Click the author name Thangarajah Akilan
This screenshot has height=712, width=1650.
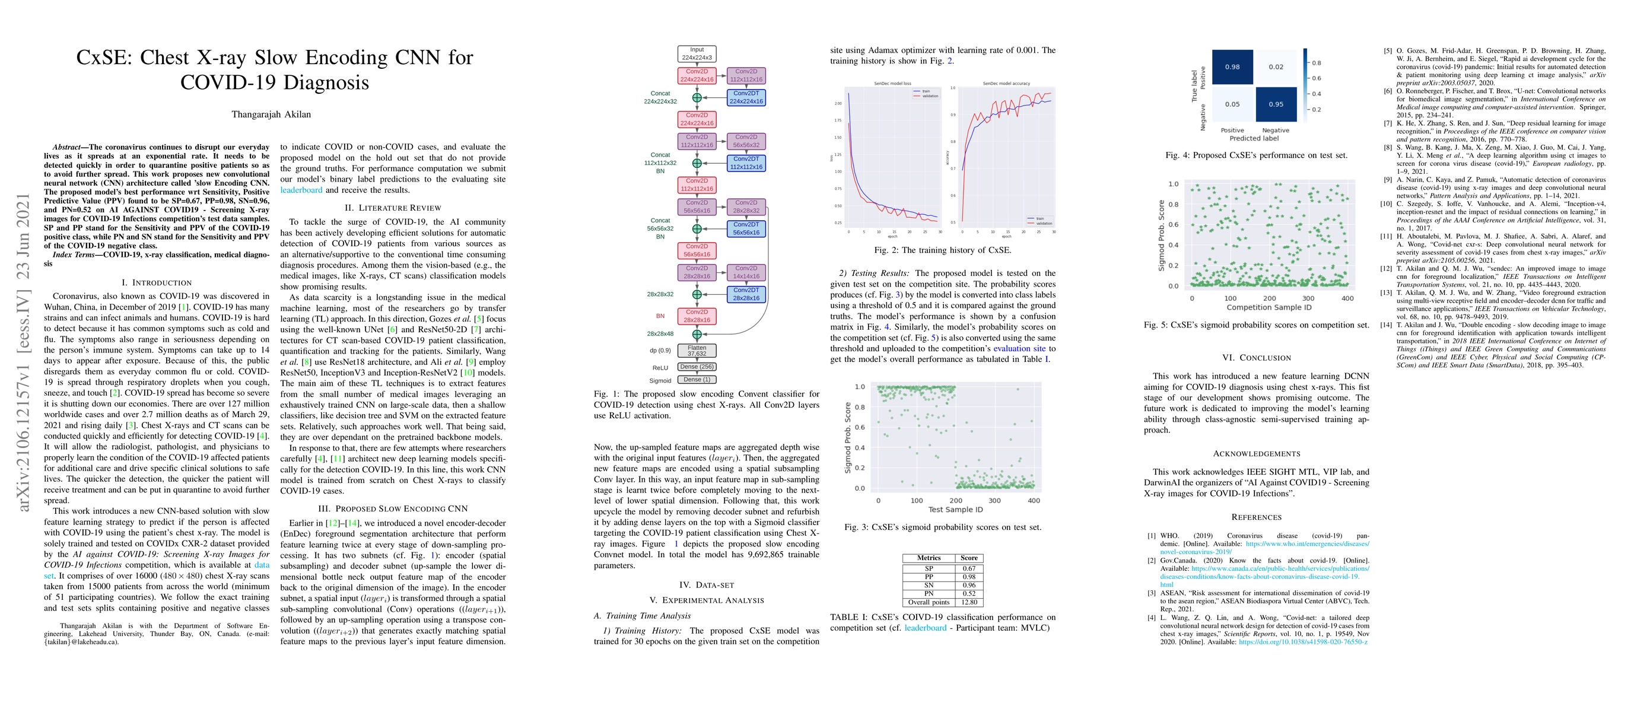tap(271, 115)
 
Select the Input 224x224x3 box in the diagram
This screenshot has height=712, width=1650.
tap(697, 54)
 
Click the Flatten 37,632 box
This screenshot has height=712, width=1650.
tap(697, 351)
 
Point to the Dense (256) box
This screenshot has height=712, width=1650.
tap(697, 367)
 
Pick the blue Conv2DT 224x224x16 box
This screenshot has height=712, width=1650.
tap(746, 97)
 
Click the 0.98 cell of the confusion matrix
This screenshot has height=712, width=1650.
tap(1232, 66)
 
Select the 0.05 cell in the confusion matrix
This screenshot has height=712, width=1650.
tap(1232, 104)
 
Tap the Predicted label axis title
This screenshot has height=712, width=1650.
tap(1254, 138)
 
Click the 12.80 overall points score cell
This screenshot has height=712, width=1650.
tap(969, 602)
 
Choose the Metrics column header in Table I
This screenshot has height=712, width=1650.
tap(929, 558)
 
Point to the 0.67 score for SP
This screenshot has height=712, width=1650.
tap(969, 568)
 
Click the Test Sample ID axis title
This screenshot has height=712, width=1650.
tap(955, 510)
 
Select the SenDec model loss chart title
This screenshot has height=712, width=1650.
tap(893, 84)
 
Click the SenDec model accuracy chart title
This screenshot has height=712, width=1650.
tap(1006, 84)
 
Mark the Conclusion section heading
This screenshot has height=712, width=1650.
tap(1256, 358)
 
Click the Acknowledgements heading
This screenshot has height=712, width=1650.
tap(1256, 454)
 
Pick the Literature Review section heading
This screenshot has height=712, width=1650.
tap(393, 208)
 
